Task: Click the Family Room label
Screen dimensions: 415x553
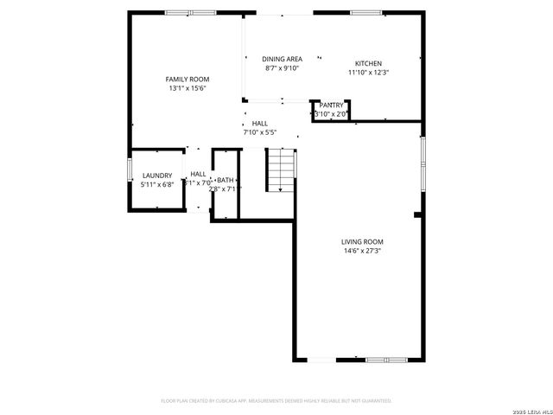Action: point(187,79)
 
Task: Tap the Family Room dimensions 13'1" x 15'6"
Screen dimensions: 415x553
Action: point(187,87)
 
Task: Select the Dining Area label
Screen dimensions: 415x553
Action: point(282,59)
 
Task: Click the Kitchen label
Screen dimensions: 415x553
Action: point(368,63)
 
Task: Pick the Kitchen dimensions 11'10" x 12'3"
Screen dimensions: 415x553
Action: point(368,73)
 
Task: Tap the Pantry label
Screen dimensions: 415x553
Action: point(331,105)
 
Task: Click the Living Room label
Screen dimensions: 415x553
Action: point(363,241)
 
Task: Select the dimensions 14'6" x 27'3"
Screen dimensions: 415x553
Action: point(363,251)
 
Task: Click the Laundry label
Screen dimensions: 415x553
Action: point(156,176)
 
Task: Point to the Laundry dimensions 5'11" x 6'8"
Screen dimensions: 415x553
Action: point(157,184)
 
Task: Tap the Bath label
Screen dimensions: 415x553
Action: point(225,179)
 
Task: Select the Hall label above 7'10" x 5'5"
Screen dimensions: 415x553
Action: point(259,124)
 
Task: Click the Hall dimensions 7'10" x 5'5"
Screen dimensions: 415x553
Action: point(259,133)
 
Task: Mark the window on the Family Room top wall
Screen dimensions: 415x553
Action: point(190,12)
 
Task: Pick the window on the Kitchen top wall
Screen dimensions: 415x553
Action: point(366,12)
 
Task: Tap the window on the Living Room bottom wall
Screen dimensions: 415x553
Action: point(371,360)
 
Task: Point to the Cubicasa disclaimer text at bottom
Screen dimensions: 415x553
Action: point(276,401)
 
